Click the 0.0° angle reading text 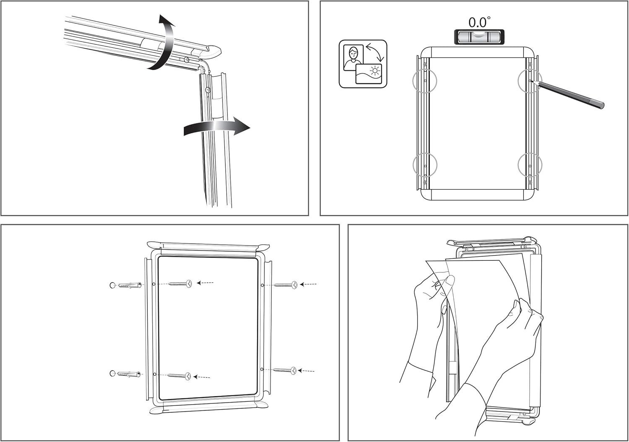coord(479,22)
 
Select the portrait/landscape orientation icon coord(363,64)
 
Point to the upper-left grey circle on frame coord(425,79)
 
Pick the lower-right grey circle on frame coord(530,164)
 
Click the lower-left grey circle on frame coord(425,164)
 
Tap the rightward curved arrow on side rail coord(218,127)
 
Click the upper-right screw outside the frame coord(286,285)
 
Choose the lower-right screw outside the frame coord(285,371)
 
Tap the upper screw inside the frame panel coord(180,284)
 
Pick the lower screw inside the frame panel coord(179,376)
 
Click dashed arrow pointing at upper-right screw coord(309,285)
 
